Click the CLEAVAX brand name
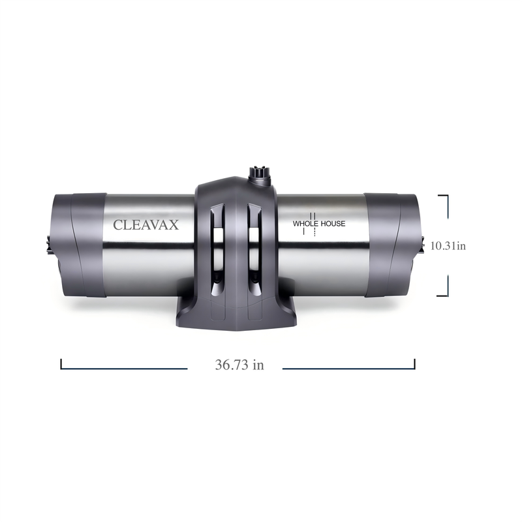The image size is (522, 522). (x=146, y=225)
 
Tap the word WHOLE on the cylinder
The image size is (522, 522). (x=305, y=224)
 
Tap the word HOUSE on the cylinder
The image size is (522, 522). (x=333, y=224)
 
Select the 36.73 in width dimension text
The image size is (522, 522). (x=239, y=365)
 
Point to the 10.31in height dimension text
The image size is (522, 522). (x=448, y=246)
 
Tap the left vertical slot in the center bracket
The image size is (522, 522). (x=217, y=249)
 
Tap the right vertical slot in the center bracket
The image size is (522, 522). (x=254, y=249)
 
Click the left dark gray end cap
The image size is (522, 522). (x=78, y=245)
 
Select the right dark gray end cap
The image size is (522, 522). (x=391, y=245)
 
